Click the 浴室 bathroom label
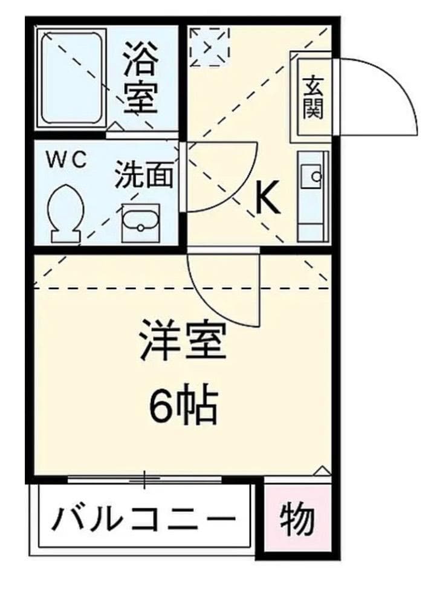[141, 77]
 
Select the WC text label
[68, 160]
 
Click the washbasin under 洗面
[140, 222]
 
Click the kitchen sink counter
[313, 195]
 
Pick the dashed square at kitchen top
[209, 45]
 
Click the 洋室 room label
[182, 341]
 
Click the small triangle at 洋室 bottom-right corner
[323, 470]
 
